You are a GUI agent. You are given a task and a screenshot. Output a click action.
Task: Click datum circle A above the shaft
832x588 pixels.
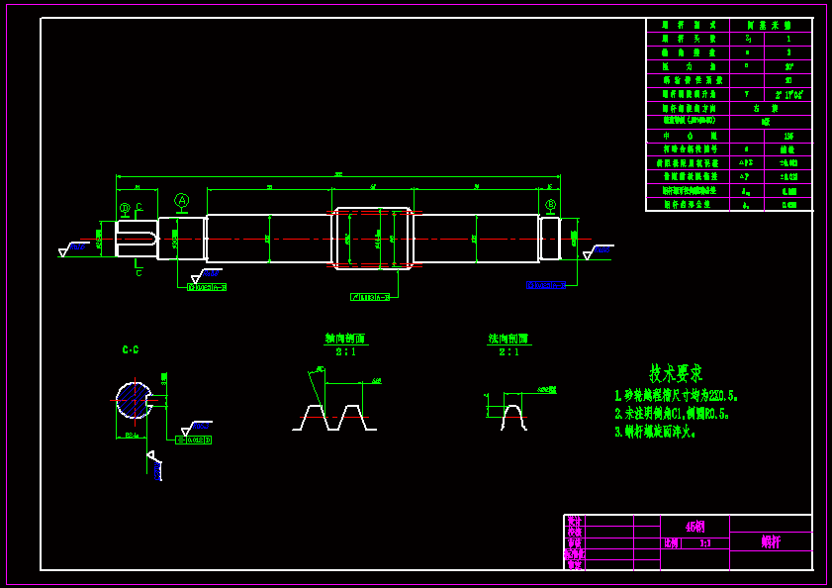click(182, 200)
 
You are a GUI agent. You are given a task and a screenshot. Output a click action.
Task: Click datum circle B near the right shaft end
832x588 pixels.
click(550, 205)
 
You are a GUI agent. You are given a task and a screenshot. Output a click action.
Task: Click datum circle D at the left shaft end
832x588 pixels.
click(125, 209)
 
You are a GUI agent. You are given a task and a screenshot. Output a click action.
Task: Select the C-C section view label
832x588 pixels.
click(131, 349)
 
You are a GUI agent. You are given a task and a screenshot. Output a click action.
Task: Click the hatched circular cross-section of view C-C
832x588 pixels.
click(133, 400)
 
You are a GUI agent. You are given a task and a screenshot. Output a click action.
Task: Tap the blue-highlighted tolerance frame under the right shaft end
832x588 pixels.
click(545, 285)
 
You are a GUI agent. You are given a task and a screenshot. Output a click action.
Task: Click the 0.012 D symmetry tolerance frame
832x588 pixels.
click(194, 440)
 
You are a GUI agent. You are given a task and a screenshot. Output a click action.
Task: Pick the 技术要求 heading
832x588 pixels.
click(676, 373)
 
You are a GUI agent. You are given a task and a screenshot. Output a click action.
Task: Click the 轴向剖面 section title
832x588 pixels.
click(345, 339)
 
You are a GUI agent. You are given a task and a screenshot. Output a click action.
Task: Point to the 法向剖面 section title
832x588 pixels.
click(508, 339)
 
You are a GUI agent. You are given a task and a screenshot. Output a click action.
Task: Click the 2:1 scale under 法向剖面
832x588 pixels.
click(508, 351)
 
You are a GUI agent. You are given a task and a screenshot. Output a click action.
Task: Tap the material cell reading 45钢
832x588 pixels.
click(695, 526)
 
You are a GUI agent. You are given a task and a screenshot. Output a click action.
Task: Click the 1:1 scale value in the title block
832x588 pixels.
click(704, 542)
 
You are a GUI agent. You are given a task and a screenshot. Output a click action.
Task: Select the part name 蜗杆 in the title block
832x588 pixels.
click(771, 541)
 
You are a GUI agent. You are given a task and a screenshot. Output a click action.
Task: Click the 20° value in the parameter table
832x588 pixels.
click(788, 66)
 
